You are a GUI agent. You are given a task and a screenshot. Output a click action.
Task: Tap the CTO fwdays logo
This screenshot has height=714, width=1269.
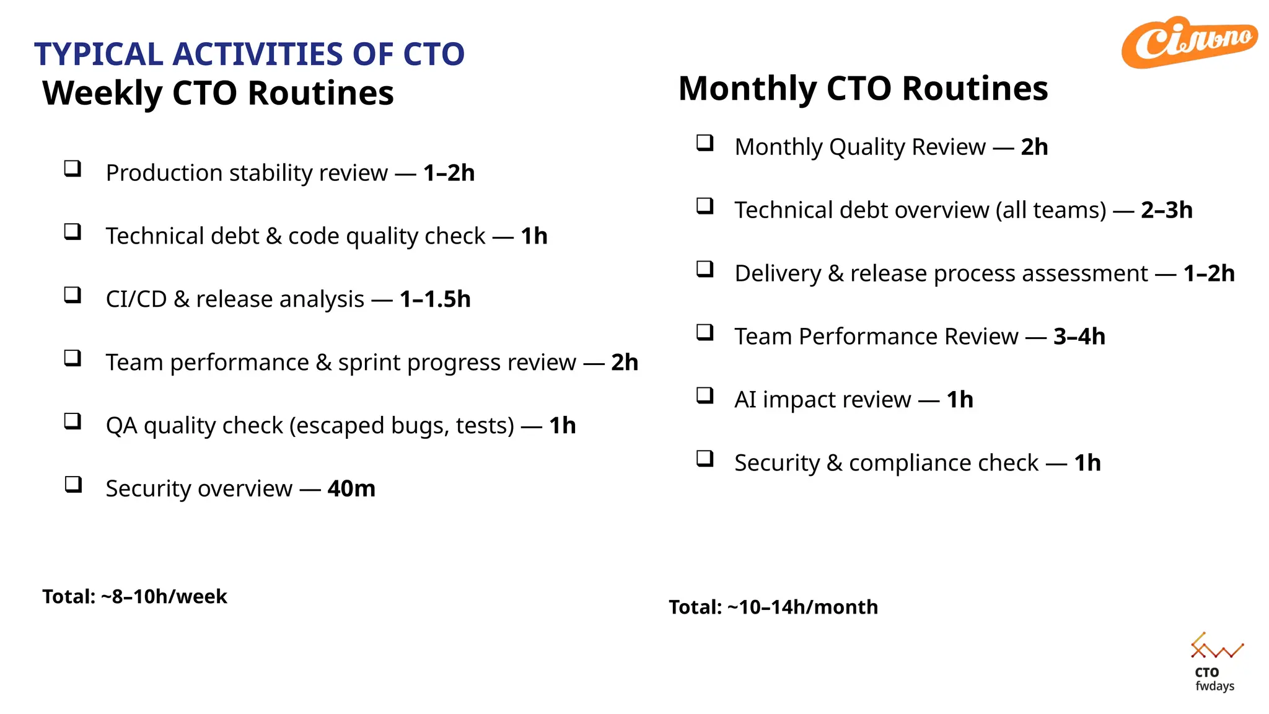[1214, 662]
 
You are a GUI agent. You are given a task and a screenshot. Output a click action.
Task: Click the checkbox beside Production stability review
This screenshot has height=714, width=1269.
[73, 169]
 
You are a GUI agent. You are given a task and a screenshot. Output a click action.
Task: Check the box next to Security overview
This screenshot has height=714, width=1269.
[73, 484]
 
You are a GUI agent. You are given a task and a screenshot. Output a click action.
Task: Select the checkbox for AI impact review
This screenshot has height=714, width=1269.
[705, 395]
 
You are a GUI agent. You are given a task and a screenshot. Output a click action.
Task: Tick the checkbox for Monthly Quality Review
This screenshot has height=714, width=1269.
[705, 143]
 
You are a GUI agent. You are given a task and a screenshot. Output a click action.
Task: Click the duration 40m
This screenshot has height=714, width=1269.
[351, 489]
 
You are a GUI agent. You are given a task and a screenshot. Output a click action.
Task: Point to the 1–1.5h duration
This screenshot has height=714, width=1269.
[435, 299]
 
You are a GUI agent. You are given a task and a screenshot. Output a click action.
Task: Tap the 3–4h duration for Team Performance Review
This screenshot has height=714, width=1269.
[1079, 337]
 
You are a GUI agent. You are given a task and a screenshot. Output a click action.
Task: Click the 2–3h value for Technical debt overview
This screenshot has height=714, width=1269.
[1166, 210]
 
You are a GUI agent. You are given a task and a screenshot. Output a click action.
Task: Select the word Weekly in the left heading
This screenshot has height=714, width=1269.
[102, 94]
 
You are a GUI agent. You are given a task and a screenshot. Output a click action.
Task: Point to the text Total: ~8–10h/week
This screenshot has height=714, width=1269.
[134, 596]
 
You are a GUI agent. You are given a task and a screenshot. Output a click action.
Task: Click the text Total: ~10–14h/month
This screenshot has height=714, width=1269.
[773, 607]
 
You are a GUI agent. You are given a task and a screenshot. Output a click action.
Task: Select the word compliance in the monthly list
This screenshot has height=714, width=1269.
[943, 463]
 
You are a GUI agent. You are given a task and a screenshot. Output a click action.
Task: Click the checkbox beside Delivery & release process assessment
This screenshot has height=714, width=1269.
[705, 269]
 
